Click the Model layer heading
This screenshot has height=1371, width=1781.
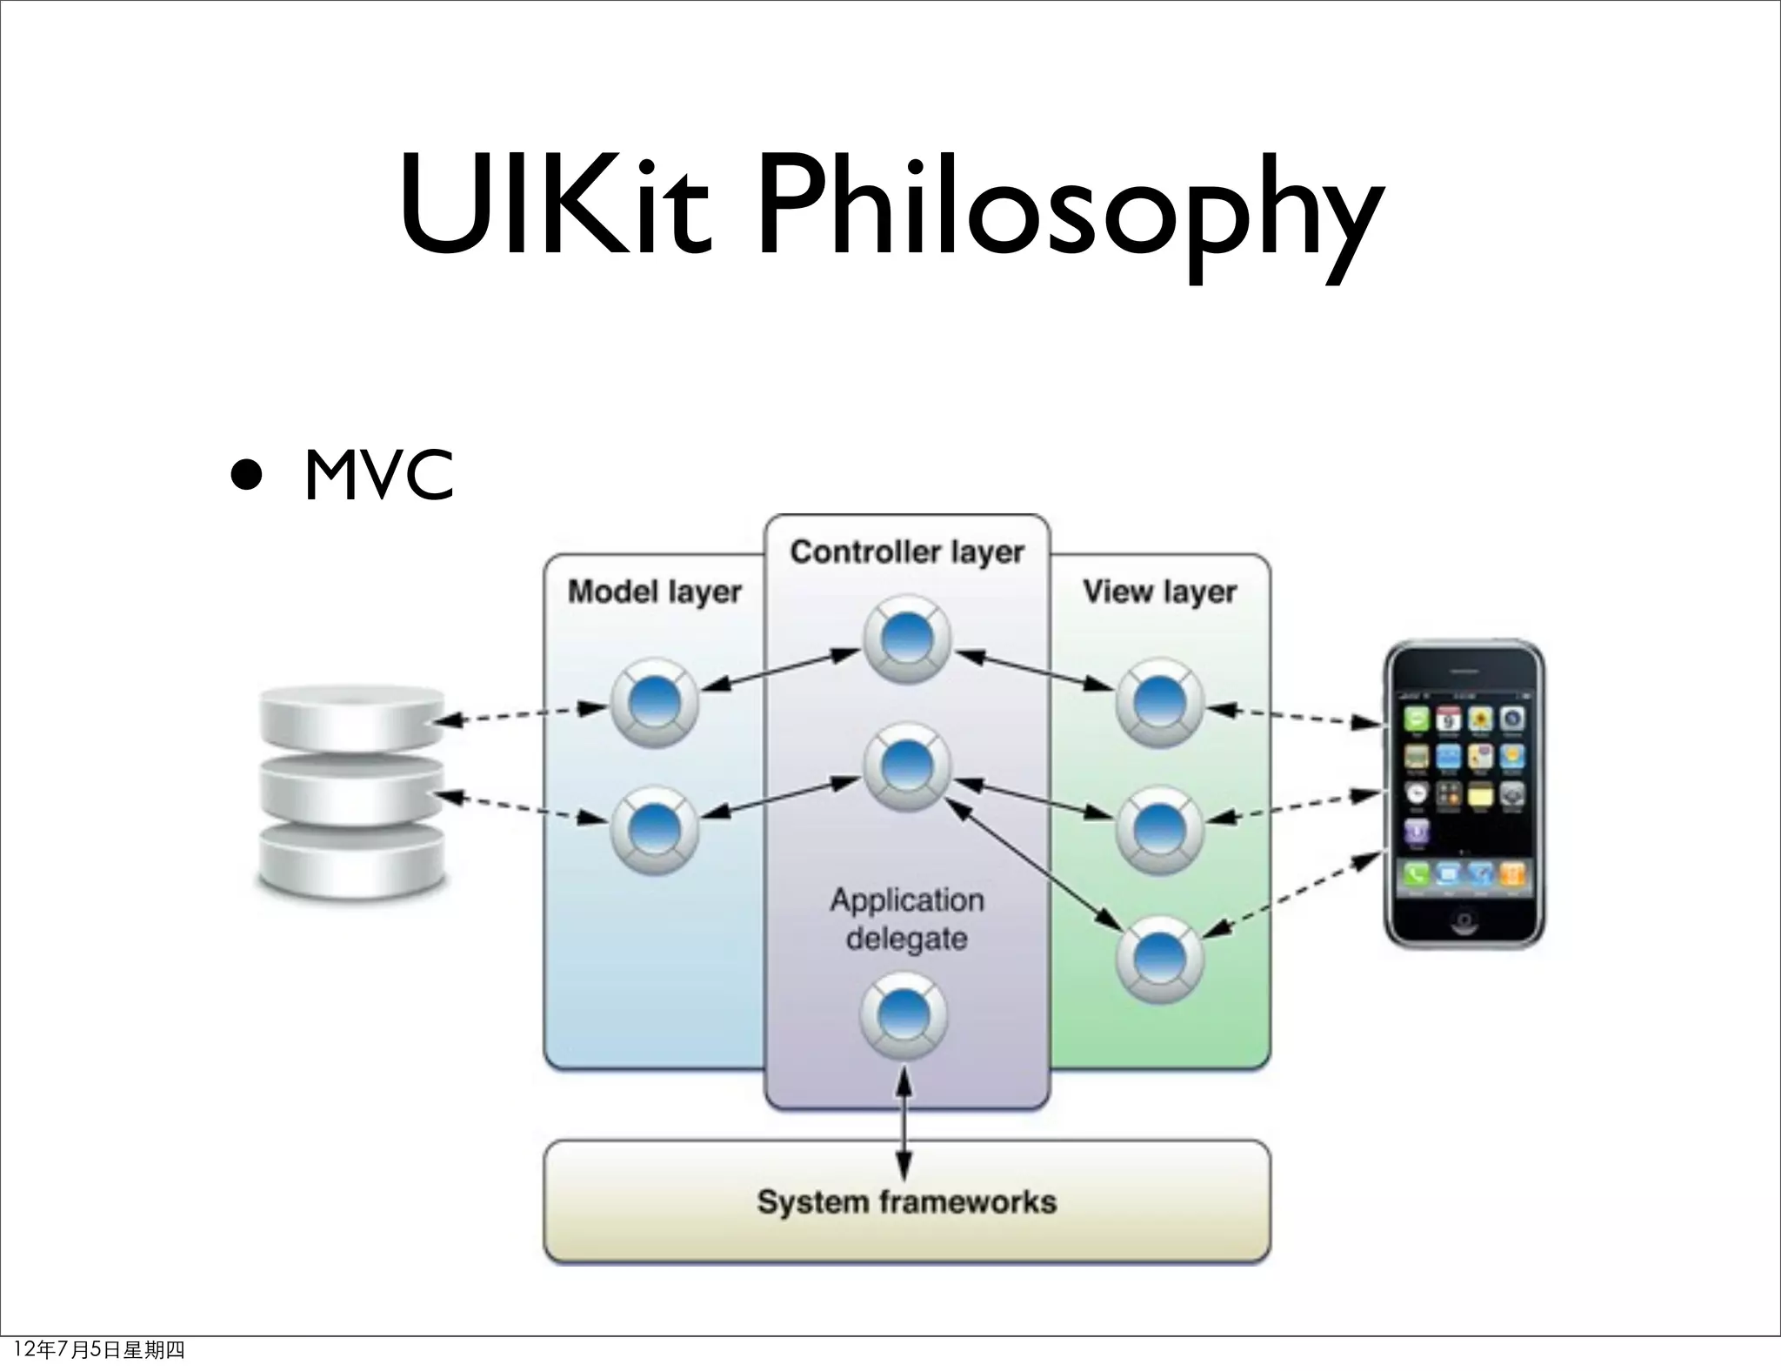[654, 592]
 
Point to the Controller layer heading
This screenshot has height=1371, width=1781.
[907, 552]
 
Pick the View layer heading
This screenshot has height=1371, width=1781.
[1159, 592]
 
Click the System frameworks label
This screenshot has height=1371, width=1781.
[907, 1202]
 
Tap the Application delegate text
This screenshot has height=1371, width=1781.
[907, 919]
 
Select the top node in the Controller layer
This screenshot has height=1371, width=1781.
[907, 639]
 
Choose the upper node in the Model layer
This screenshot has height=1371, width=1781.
[654, 703]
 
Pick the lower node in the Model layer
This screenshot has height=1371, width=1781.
[654, 830]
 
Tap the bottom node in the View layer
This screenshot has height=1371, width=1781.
[1159, 958]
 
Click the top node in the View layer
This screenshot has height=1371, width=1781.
[1159, 703]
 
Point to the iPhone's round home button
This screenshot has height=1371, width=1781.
[1463, 920]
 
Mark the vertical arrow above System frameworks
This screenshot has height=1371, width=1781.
[904, 1122]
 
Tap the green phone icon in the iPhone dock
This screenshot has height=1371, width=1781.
[1415, 874]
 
